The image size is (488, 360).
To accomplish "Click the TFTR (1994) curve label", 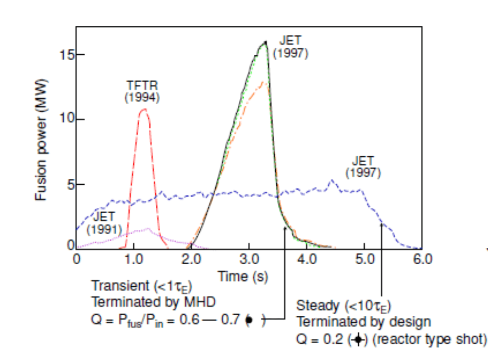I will point(142,91).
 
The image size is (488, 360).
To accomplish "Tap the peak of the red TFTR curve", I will point(144,109).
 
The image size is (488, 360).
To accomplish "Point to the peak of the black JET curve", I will point(265,42).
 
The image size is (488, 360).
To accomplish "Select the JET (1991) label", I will point(104,223).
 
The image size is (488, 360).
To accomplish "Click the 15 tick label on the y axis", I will point(67,55).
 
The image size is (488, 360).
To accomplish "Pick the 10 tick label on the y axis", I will point(67,119).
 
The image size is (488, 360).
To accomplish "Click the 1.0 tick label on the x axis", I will point(133,259).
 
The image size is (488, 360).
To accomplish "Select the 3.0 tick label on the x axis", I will point(249,259).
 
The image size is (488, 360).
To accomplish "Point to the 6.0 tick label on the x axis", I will point(422,259).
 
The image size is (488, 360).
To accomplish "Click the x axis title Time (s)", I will point(243,277).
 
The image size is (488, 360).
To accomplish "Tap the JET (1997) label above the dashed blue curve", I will point(363,167).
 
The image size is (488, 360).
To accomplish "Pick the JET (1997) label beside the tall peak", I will point(291,47).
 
